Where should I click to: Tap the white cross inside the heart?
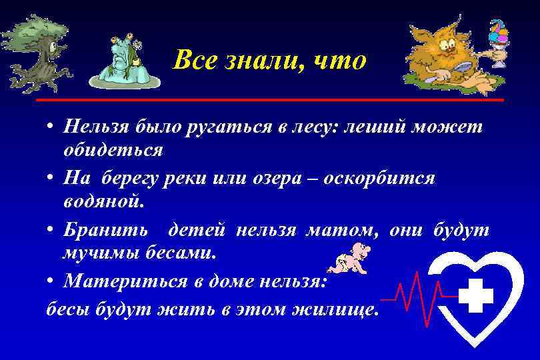point(475,294)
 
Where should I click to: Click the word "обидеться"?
point(113,149)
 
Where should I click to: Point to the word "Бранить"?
point(105,231)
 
